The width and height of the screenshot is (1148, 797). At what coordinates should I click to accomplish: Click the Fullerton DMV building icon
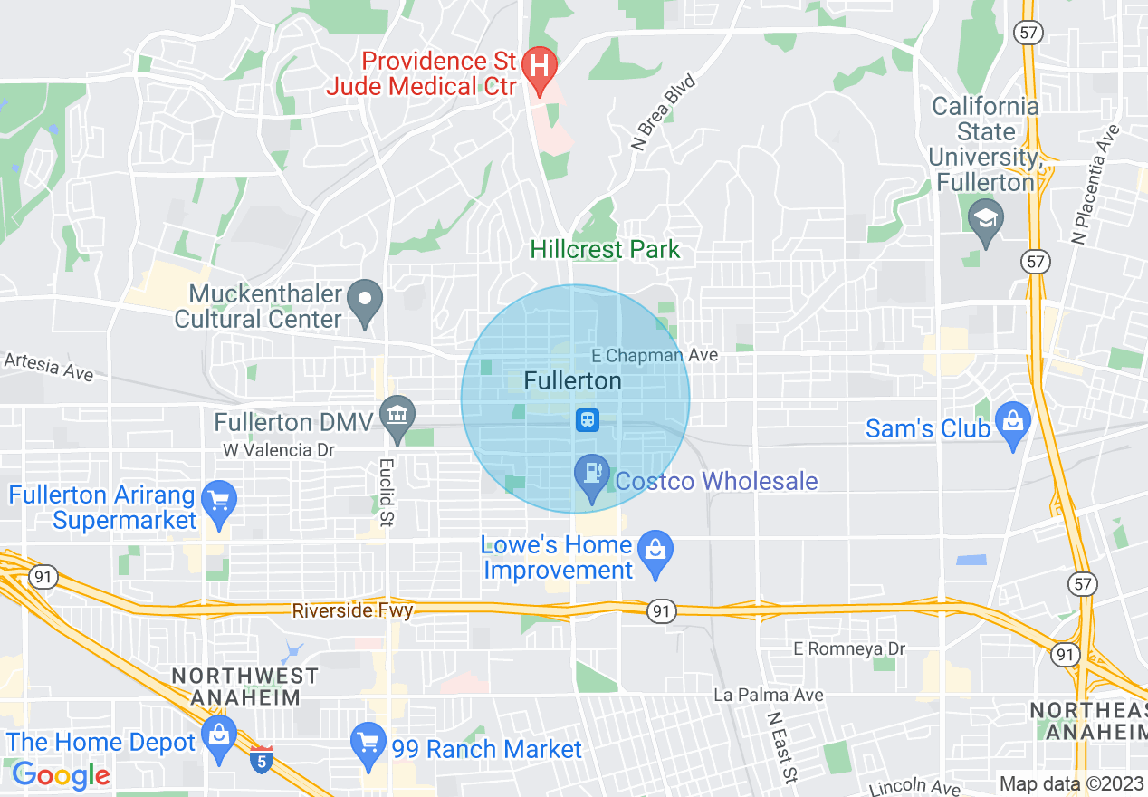(397, 416)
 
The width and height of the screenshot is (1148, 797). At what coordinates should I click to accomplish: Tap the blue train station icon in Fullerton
(588, 419)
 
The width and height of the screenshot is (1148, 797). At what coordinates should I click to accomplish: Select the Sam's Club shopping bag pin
(1012, 422)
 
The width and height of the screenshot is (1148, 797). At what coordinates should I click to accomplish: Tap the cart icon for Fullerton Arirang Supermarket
(218, 500)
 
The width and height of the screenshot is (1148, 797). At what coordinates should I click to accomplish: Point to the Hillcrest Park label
(605, 250)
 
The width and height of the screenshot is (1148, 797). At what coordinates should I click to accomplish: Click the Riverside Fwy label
(352, 610)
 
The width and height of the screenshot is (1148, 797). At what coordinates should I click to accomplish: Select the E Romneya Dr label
(849, 649)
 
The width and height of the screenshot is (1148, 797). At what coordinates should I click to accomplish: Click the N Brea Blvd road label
(664, 112)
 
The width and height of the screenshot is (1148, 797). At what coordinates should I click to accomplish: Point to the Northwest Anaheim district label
(244, 687)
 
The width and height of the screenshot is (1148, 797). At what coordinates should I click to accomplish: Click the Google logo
(61, 775)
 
